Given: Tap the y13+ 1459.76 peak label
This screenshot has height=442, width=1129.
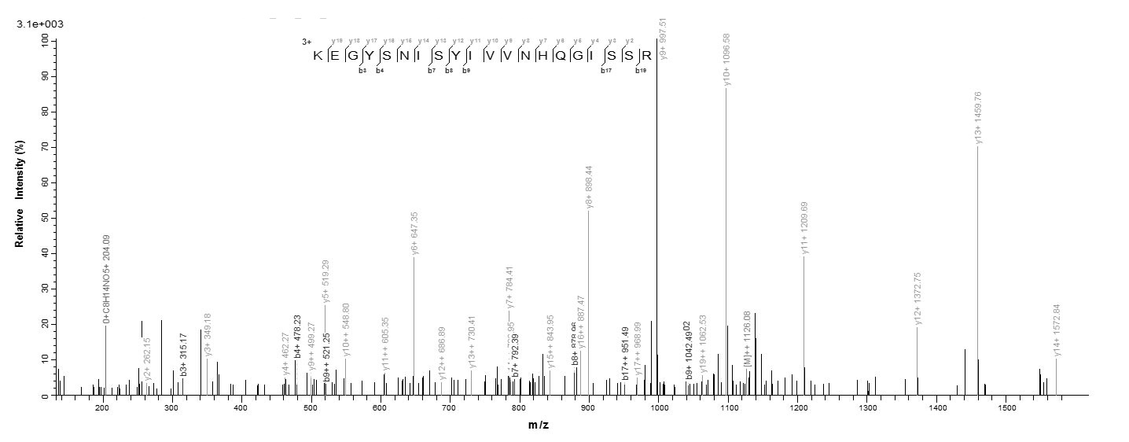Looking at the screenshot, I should (978, 118).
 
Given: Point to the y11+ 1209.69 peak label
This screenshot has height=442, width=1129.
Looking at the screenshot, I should (804, 227).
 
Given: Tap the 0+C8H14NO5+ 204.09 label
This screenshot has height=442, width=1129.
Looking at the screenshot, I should (106, 279).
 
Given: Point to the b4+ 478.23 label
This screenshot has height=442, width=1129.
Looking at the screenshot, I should (298, 337).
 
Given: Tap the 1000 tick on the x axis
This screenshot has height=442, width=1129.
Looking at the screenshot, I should (658, 407).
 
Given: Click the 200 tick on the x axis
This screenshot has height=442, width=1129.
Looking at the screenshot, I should (102, 407).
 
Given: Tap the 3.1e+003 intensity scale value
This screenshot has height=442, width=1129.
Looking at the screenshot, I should (40, 24).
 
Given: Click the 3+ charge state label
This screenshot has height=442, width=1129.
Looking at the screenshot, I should (306, 42).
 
